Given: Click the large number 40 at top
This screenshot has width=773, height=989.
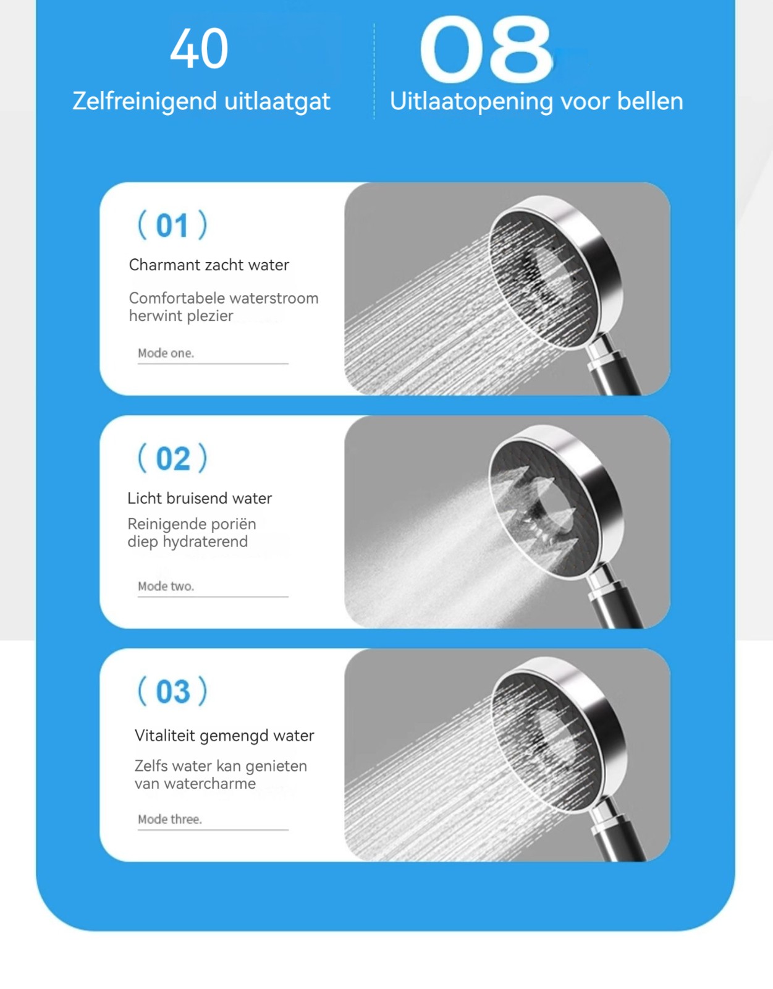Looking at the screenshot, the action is (x=199, y=48).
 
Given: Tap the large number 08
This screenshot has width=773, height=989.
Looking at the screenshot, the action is (x=486, y=49).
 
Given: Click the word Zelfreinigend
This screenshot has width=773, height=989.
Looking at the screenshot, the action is (x=145, y=101).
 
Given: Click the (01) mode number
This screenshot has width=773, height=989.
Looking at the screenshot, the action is (x=172, y=225).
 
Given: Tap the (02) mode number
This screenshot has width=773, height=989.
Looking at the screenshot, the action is (x=172, y=458).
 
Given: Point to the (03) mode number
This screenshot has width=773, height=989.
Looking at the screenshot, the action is (x=172, y=691).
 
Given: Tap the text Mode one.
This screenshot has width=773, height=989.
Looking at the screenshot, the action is (x=166, y=353).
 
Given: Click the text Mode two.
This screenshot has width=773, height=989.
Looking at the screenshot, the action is (x=166, y=586).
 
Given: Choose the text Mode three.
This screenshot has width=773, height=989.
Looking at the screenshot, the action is (x=170, y=819).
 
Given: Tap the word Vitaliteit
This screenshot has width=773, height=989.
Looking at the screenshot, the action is (x=164, y=736).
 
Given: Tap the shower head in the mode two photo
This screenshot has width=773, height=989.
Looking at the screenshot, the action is (x=557, y=503).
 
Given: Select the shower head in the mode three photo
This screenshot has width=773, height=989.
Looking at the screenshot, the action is (x=560, y=734).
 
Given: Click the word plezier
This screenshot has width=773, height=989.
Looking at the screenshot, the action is (x=209, y=316).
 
